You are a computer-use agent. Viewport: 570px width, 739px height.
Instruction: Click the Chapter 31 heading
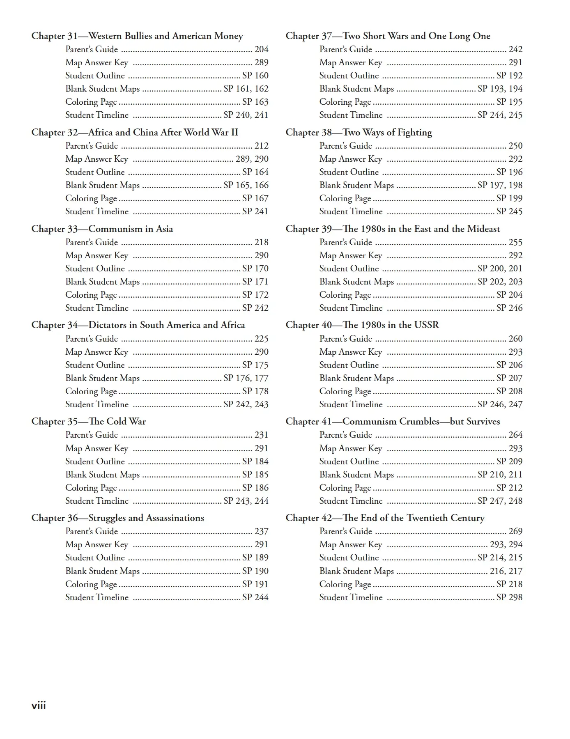click(137, 36)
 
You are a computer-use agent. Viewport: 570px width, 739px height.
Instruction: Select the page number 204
click(261, 49)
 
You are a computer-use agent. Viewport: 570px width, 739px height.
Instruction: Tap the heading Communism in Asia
click(131, 229)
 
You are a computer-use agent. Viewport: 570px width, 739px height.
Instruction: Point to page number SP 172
click(255, 295)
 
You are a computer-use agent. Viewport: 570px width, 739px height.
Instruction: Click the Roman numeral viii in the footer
click(39, 705)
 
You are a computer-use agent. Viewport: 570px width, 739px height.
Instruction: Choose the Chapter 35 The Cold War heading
click(89, 422)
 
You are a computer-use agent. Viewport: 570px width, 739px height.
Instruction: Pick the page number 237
click(261, 531)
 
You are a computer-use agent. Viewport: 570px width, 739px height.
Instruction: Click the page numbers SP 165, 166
click(246, 185)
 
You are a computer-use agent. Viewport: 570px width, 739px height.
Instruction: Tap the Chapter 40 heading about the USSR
click(362, 325)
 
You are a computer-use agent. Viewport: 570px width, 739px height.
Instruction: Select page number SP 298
click(509, 597)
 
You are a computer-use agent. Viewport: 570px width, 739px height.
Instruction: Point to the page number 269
click(515, 531)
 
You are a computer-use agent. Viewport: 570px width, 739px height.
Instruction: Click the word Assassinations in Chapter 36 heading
click(175, 518)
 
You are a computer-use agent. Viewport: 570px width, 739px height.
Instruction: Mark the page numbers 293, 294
click(506, 544)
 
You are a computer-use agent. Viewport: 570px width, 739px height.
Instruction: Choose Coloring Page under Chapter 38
click(345, 198)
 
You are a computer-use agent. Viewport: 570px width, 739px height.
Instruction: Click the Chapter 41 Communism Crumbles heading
click(393, 422)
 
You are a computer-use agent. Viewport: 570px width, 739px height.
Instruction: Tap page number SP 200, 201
click(500, 269)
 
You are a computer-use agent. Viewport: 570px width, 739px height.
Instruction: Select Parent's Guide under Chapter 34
click(92, 339)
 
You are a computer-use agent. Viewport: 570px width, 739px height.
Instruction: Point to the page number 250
click(515, 146)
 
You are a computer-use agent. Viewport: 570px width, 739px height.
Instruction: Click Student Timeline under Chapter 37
click(351, 115)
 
